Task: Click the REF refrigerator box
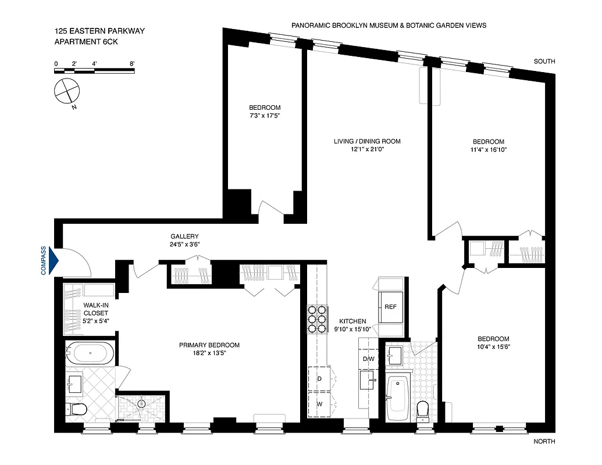click(x=390, y=306)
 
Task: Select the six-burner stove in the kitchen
click(x=318, y=320)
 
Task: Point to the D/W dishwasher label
click(x=369, y=359)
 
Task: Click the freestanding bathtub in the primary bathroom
click(x=89, y=352)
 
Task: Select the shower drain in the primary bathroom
click(x=141, y=403)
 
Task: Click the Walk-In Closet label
click(x=79, y=309)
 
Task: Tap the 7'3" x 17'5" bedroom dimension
click(x=265, y=116)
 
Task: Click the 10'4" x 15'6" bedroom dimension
click(x=493, y=347)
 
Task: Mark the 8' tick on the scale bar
click(x=133, y=63)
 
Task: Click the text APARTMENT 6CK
click(x=82, y=41)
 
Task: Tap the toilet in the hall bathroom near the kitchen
click(x=423, y=409)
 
